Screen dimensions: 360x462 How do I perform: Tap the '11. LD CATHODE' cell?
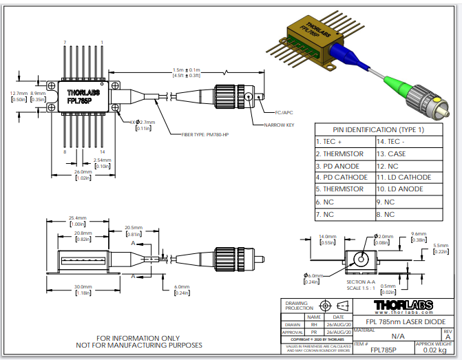point(403,177)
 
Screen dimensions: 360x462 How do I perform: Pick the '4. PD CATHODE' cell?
point(344,177)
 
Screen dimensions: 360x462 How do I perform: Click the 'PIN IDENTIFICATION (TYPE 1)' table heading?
point(378,129)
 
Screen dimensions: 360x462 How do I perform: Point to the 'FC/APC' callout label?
point(284,111)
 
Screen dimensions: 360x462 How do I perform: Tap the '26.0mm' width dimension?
point(83,171)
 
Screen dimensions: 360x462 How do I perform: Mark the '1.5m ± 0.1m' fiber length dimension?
point(186,70)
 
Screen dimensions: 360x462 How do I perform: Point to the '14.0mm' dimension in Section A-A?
point(327,237)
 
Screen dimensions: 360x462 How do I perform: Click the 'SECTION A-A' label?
point(361,282)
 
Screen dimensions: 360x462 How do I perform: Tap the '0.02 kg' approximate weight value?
point(430,350)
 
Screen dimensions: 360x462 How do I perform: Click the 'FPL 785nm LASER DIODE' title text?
point(403,321)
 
